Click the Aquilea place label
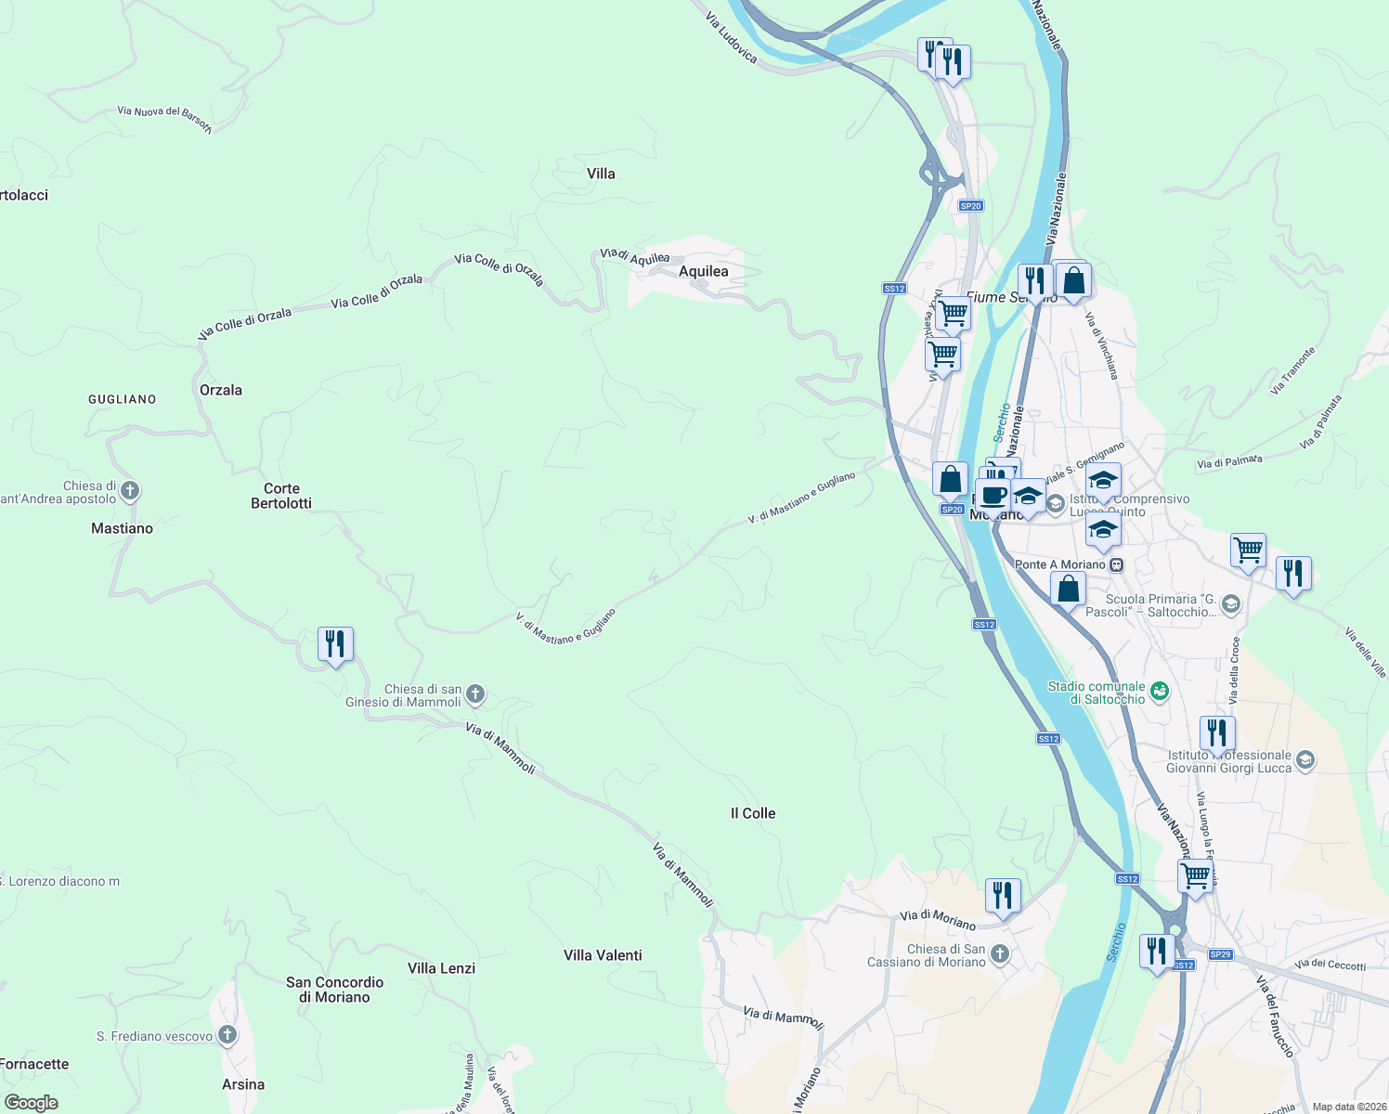coord(703,271)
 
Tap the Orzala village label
coord(221,390)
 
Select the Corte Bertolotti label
coord(281,496)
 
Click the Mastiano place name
coord(122,528)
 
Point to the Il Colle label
coord(753,813)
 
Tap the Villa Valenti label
coord(603,955)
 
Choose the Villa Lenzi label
coord(441,968)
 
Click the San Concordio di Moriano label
coord(334,990)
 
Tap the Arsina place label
coord(243,1084)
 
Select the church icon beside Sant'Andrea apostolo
coord(130,490)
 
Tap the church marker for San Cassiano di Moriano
coord(999,953)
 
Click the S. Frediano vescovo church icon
coord(227,1035)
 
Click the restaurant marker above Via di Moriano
coord(1003,896)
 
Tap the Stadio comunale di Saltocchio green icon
coord(1159,691)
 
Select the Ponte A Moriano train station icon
coord(1116,564)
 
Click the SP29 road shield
coord(1220,954)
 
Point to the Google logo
coord(32,1103)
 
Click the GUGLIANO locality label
coord(123,399)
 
